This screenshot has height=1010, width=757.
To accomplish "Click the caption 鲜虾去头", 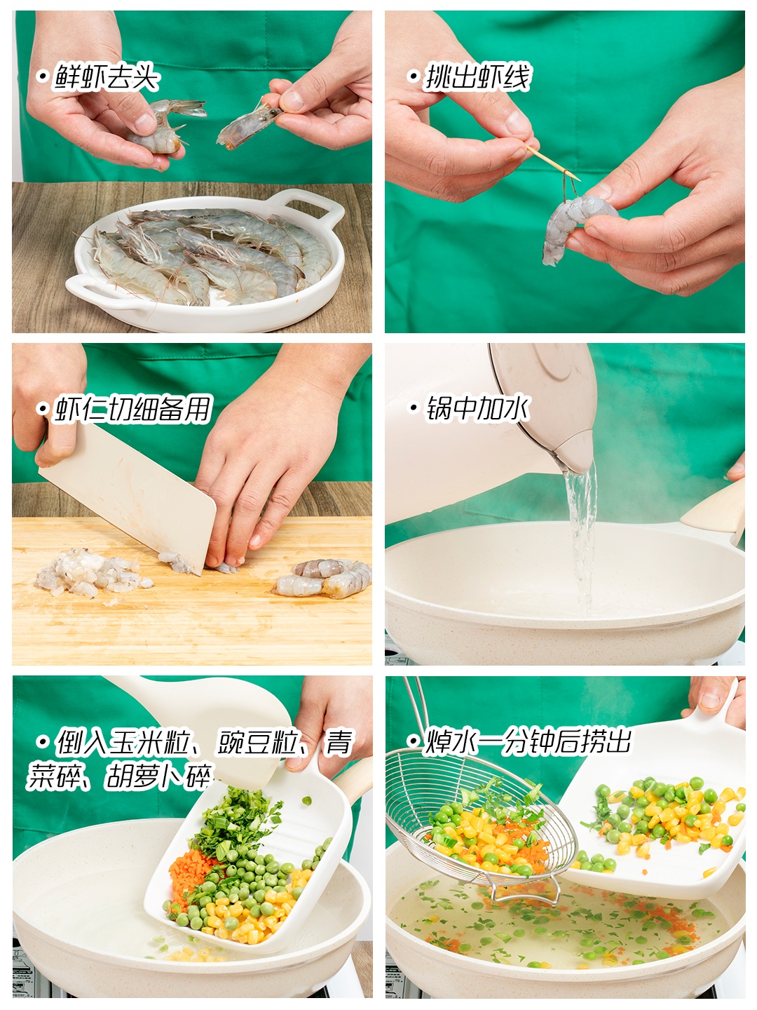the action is click(x=106, y=76).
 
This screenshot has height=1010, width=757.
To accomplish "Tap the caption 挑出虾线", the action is click(x=478, y=76).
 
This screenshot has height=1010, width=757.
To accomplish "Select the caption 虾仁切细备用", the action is click(x=132, y=409).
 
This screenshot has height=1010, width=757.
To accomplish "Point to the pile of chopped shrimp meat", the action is click(x=92, y=573).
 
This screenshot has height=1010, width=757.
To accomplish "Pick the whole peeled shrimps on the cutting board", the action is click(x=324, y=578).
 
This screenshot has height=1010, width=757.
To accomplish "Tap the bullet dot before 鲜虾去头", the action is click(x=42, y=76).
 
